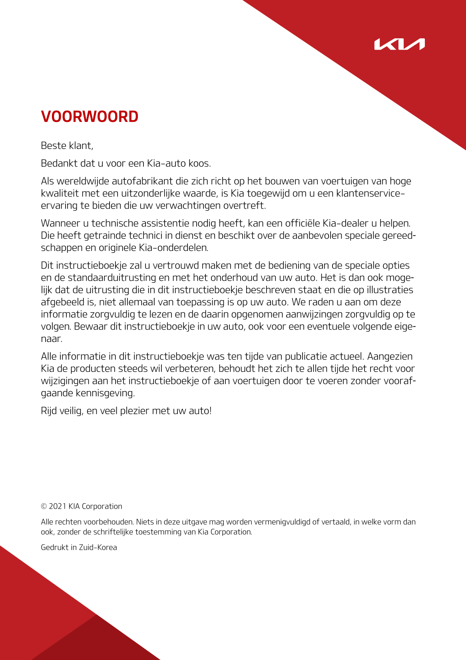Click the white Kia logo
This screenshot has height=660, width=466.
tap(399, 44)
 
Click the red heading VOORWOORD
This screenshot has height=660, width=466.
tap(90, 117)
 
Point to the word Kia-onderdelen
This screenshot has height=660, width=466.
tap(173, 248)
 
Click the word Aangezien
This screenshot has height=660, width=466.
tap(390, 356)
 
